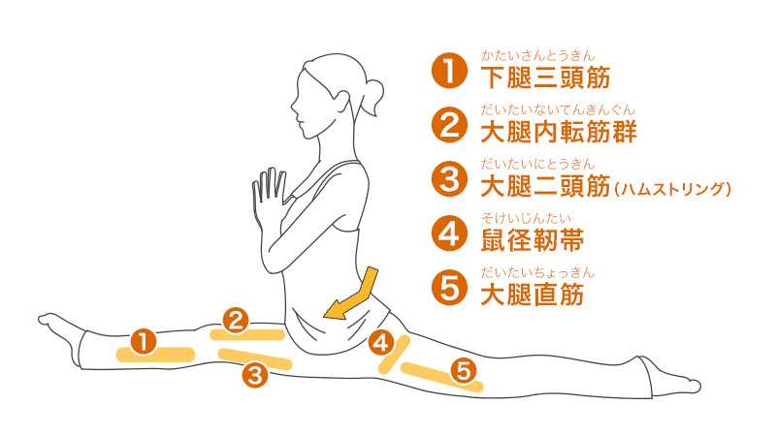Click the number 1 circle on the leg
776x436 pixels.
(x=143, y=341)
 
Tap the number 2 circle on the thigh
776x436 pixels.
(x=235, y=318)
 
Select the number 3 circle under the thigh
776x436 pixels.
(x=254, y=373)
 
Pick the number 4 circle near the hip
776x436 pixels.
(x=381, y=342)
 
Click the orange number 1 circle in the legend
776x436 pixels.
(x=448, y=72)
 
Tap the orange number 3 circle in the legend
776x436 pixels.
(x=448, y=180)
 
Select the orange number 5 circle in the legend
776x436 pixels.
(x=448, y=290)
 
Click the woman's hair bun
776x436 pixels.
(x=373, y=96)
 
